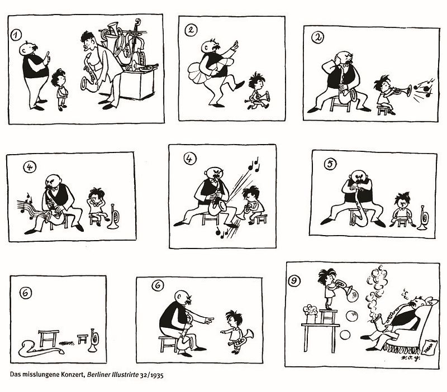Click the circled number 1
tap(16, 35)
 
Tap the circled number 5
tap(330, 164)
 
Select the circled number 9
tap(294, 281)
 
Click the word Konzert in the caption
tap(73, 374)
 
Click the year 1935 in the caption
tap(157, 375)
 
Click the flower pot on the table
tap(311, 314)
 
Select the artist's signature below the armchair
tap(411, 358)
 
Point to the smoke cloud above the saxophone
tap(377, 290)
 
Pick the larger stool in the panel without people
tap(49, 338)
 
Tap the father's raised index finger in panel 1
tap(48, 55)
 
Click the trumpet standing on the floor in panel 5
tap(423, 218)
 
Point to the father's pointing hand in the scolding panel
tap(208, 321)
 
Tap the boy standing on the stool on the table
tap(328, 288)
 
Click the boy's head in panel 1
tap(59, 78)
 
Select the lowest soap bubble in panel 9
tap(345, 334)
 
